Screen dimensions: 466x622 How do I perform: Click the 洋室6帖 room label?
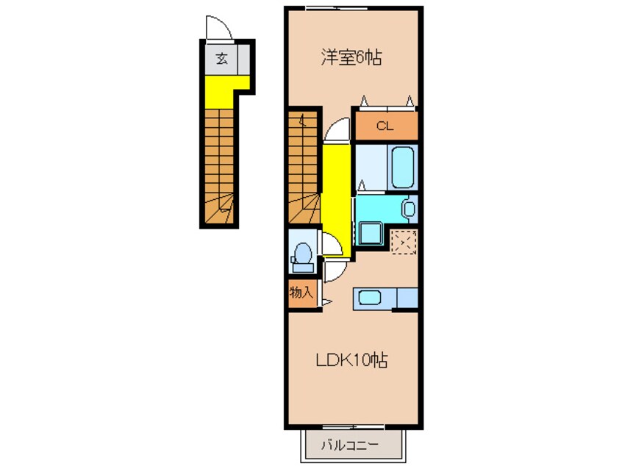[x=351, y=58]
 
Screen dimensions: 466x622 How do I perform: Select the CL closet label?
[x=385, y=126]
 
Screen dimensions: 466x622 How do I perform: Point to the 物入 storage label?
[x=301, y=293]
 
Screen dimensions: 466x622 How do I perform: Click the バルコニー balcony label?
[x=351, y=445]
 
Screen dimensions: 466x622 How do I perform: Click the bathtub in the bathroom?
[x=403, y=167]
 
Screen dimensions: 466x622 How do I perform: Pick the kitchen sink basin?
[x=368, y=298]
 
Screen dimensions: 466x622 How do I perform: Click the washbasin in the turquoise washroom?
[x=409, y=208]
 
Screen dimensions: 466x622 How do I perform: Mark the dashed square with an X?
[x=403, y=241]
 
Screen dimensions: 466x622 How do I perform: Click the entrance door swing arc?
[x=219, y=28]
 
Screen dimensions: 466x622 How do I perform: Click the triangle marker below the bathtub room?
[x=362, y=185]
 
